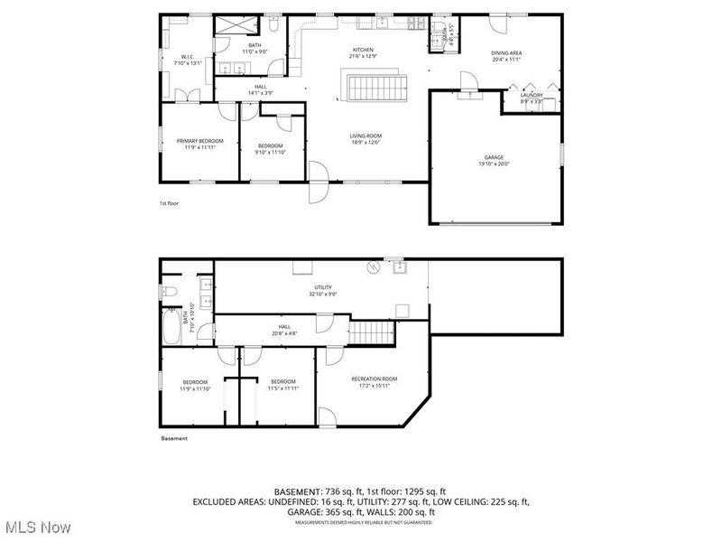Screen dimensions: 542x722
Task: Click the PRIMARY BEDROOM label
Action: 199,141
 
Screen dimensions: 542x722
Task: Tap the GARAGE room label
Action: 494,157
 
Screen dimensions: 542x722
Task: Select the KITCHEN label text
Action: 363,50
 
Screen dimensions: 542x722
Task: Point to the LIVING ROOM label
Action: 366,135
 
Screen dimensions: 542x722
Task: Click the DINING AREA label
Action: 506,52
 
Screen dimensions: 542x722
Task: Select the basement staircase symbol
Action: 373,332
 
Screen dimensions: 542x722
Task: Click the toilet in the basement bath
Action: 169,291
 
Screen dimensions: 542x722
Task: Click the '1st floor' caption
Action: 169,203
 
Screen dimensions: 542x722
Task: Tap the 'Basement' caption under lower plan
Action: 174,438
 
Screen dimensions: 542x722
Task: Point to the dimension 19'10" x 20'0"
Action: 494,164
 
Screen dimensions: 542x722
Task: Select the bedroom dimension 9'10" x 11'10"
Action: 271,153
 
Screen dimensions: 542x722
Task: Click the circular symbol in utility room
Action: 373,267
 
